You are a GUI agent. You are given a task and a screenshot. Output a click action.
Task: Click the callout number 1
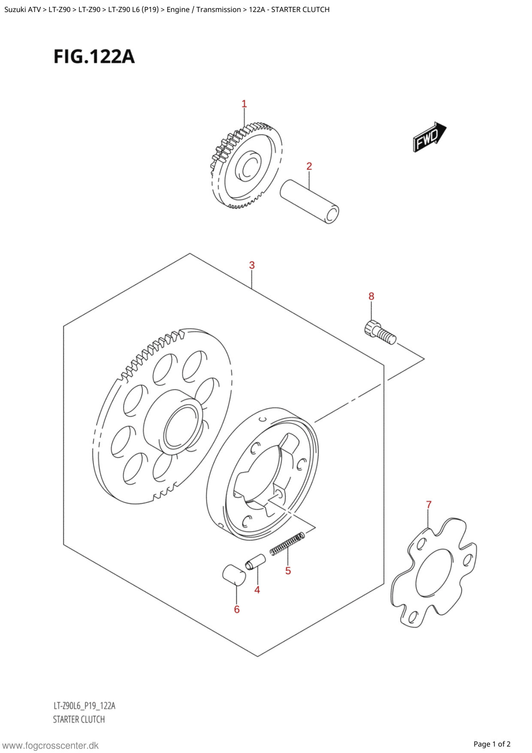point(244,104)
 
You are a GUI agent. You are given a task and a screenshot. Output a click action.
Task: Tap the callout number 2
point(309,166)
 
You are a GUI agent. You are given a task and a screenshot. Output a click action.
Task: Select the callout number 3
point(252,265)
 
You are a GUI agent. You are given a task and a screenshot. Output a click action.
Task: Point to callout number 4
point(257,590)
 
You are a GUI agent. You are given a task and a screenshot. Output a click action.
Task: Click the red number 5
point(288,571)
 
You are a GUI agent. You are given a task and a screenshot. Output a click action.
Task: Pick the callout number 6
point(237,609)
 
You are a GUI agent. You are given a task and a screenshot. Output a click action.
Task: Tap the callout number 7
point(429,504)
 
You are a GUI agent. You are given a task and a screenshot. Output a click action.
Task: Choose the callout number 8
point(371,296)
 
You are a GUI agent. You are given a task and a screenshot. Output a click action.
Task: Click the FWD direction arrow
point(429,137)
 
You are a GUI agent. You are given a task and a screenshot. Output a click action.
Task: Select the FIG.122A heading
point(94,57)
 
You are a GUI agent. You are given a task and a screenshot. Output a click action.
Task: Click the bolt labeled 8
point(380,332)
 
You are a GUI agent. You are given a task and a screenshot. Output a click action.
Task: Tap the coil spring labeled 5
point(287,543)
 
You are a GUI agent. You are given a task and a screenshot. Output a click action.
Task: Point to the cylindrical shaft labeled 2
point(309,201)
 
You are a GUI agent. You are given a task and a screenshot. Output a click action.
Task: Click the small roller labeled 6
point(234,575)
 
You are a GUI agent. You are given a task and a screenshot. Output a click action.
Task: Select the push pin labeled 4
point(255,562)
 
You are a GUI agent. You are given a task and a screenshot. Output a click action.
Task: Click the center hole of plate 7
point(434,573)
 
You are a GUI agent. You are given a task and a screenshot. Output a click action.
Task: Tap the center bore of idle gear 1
point(248,166)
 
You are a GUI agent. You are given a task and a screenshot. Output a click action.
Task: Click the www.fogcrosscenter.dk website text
point(50,746)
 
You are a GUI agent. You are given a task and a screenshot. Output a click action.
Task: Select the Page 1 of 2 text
point(492,744)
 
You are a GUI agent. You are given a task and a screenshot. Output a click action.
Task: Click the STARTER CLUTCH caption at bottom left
point(79,720)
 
